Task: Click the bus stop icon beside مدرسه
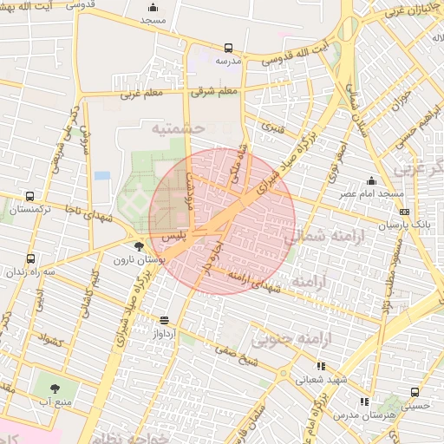pyautogui.click(x=228, y=49)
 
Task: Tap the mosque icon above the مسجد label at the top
pyautogui.click(x=153, y=7)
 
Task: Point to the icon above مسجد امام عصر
pyautogui.click(x=371, y=180)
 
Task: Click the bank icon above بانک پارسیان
pyautogui.click(x=404, y=212)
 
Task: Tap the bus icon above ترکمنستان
pyautogui.click(x=31, y=196)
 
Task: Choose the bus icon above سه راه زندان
pyautogui.click(x=31, y=258)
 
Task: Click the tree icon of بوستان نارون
pyautogui.click(x=140, y=247)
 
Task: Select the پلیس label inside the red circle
pyautogui.click(x=172, y=236)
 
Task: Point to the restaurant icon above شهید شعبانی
pyautogui.click(x=321, y=366)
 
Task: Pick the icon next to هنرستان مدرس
pyautogui.click(x=363, y=402)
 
